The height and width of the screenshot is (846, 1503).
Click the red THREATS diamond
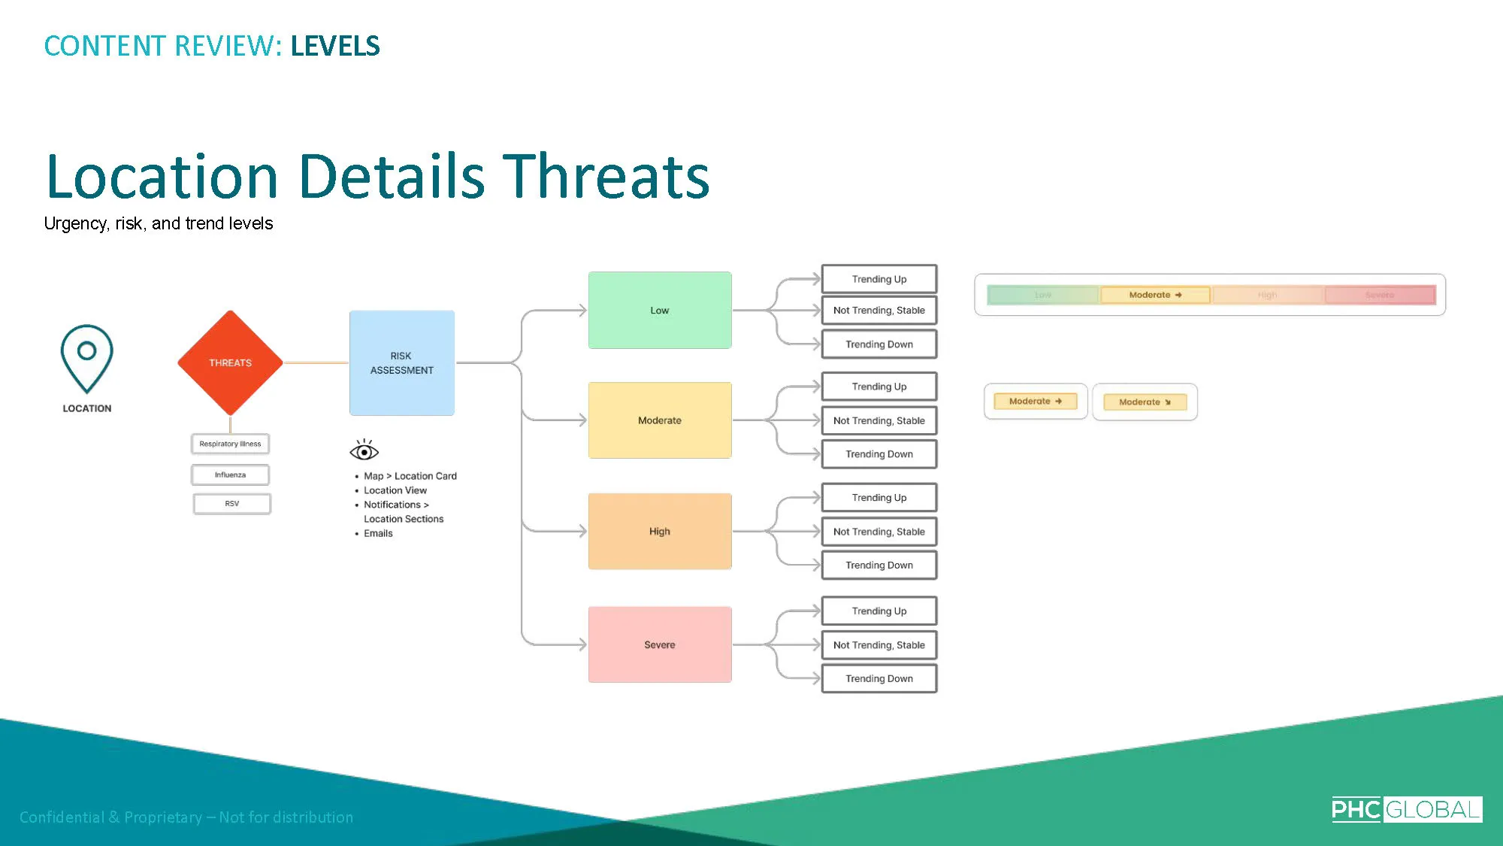(x=230, y=362)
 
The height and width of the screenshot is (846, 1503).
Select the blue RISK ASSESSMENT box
(x=401, y=362)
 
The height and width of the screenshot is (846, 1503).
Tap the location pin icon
(x=86, y=358)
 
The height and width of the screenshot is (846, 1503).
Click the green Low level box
(x=659, y=310)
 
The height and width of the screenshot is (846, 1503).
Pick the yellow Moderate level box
(x=659, y=420)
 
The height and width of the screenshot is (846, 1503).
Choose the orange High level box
(x=659, y=531)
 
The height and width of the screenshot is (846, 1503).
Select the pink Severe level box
(x=659, y=644)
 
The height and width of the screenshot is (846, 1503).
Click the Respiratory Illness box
(x=230, y=444)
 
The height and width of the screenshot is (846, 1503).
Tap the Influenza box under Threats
(x=230, y=475)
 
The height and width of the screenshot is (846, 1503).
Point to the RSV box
(x=231, y=503)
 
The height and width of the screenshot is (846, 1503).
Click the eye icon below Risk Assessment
(x=364, y=451)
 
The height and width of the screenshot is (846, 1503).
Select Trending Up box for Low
(x=879, y=279)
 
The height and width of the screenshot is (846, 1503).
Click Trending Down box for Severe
(x=879, y=678)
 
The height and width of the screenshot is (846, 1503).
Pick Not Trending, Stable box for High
(x=879, y=532)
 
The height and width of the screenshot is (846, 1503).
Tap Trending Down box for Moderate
(x=879, y=454)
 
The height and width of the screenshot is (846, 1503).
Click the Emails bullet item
(x=378, y=533)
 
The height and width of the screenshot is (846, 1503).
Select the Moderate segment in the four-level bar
(x=1155, y=295)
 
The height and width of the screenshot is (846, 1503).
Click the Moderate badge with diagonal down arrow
(x=1145, y=402)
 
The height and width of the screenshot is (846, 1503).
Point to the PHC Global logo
(x=1406, y=809)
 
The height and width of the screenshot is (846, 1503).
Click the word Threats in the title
(x=606, y=177)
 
